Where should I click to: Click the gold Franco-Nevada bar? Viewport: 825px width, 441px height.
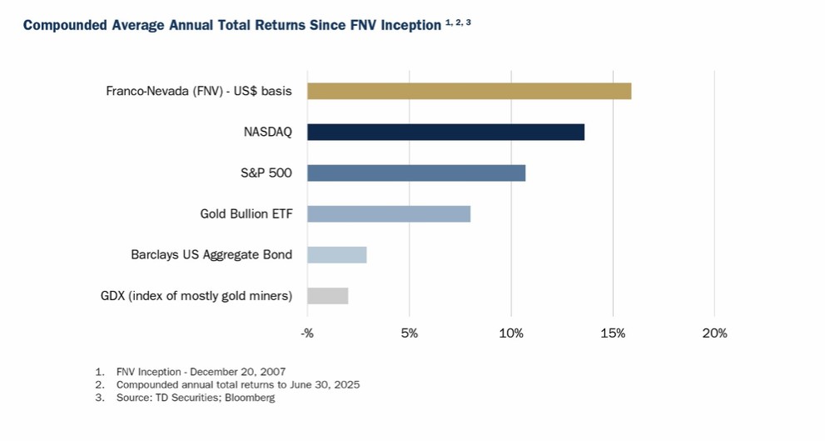pos(469,91)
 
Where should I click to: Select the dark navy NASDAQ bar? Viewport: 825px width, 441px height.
pos(445,132)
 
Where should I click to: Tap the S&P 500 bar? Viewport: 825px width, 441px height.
pos(416,173)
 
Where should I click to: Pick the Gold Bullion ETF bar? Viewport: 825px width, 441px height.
pos(389,213)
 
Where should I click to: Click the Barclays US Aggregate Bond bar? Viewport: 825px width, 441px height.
pos(336,254)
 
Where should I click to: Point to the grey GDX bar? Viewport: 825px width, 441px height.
pos(327,295)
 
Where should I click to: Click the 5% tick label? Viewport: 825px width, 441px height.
pos(409,333)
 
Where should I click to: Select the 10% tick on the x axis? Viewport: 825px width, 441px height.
pos(510,333)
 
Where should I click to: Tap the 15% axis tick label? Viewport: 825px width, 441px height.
pos(613,333)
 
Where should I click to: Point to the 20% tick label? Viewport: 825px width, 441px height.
pos(714,333)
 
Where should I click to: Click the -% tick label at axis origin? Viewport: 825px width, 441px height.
pos(306,333)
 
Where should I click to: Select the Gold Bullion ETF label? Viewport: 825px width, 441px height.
pos(246,213)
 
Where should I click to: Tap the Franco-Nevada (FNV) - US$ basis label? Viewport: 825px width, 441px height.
pos(199,91)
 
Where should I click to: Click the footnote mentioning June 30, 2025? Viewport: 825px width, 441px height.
pos(237,384)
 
